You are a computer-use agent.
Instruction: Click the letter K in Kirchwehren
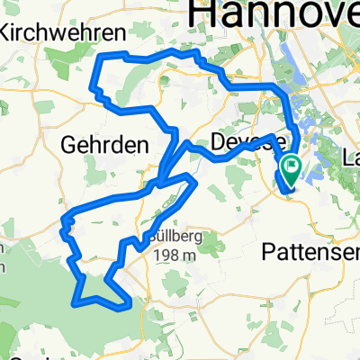tap(6, 32)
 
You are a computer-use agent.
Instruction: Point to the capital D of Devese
tap(220, 141)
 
